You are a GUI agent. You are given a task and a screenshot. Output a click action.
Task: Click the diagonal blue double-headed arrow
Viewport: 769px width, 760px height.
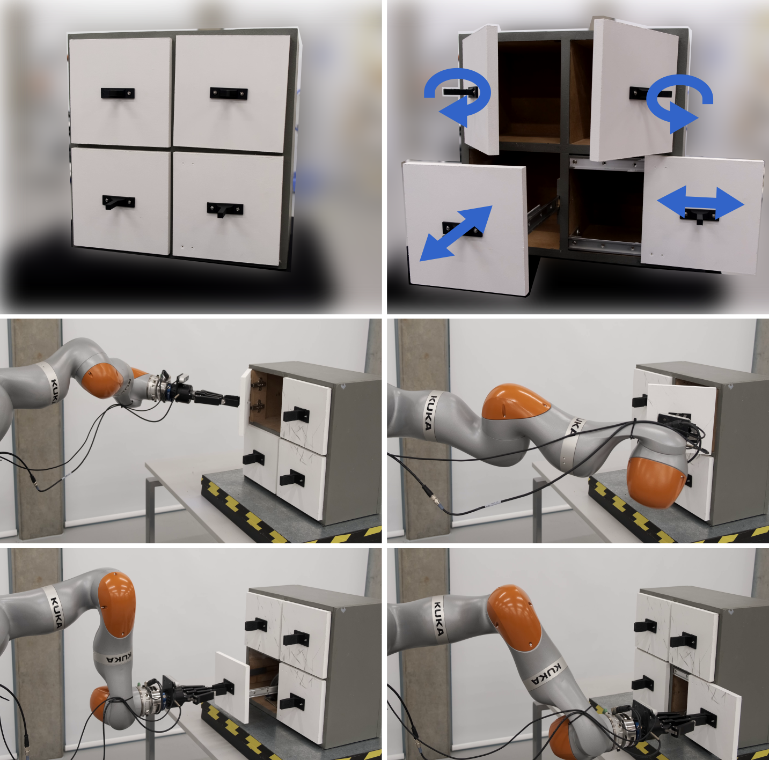click(x=456, y=234)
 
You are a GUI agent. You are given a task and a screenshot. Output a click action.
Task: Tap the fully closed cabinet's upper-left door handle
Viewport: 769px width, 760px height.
click(x=118, y=93)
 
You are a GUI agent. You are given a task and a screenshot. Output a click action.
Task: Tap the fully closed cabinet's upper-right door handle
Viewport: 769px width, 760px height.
click(x=229, y=93)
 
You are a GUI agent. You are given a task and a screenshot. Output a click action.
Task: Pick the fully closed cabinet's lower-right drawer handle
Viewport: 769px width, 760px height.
click(x=225, y=210)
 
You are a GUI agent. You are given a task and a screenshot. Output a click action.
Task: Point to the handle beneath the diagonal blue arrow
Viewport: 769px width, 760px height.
click(x=462, y=230)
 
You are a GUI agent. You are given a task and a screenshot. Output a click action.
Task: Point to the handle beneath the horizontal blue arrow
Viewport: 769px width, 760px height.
click(x=699, y=216)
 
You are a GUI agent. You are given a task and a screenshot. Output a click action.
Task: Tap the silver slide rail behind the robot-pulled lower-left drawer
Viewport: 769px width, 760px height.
click(x=264, y=691)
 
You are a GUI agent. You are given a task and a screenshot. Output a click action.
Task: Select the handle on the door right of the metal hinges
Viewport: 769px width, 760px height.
click(x=296, y=415)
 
